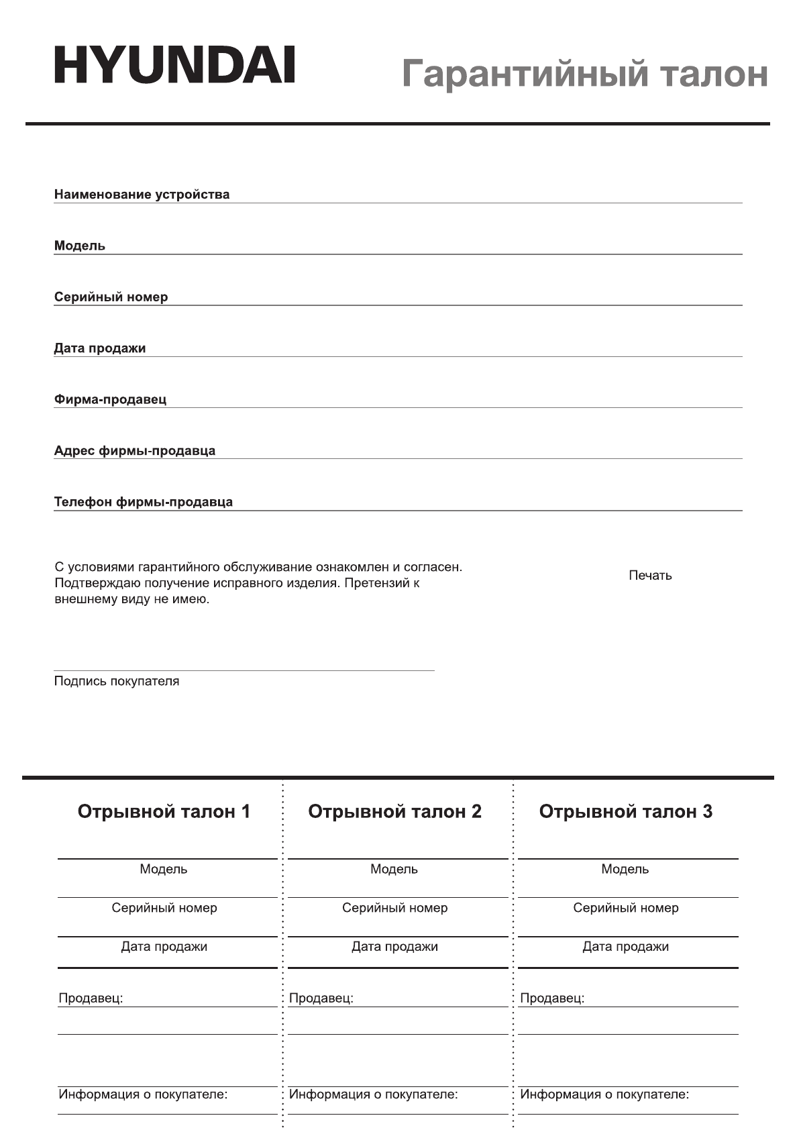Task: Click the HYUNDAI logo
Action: pyautogui.click(x=174, y=65)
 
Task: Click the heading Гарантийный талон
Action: pyautogui.click(x=584, y=73)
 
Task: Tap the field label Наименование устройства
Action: pyautogui.click(x=142, y=195)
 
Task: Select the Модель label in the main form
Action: pyautogui.click(x=80, y=246)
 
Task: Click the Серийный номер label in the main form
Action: pyautogui.click(x=111, y=297)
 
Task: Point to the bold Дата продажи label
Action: pyautogui.click(x=100, y=348)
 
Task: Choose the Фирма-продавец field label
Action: pyautogui.click(x=110, y=399)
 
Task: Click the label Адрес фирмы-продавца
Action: pyautogui.click(x=135, y=450)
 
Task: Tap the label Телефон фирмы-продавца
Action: pyautogui.click(x=144, y=502)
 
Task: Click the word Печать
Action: pyautogui.click(x=650, y=575)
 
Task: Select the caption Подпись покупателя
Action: pyautogui.click(x=117, y=681)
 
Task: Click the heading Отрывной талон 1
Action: pyautogui.click(x=164, y=811)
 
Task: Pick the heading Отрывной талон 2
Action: pyautogui.click(x=394, y=811)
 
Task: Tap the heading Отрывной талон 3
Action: pyautogui.click(x=625, y=811)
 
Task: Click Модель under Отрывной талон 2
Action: pyautogui.click(x=394, y=869)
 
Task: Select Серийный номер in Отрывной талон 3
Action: pyautogui.click(x=625, y=908)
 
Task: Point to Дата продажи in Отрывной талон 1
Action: pyautogui.click(x=164, y=947)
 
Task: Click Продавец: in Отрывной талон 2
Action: pyautogui.click(x=321, y=998)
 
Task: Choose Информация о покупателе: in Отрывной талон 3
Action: pyautogui.click(x=604, y=1094)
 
